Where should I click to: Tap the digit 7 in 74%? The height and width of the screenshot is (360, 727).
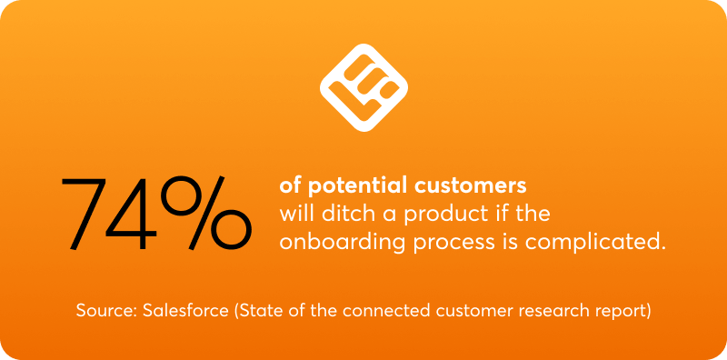point(90,215)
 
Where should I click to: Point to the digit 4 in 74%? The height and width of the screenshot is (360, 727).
point(150,215)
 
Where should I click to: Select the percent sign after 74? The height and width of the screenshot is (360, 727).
point(214,215)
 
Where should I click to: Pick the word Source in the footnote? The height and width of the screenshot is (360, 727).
point(105,310)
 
